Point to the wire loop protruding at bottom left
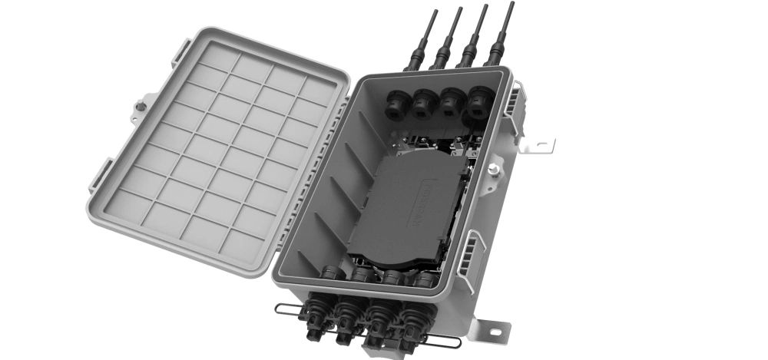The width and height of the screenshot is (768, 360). pyautogui.click(x=286, y=311)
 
